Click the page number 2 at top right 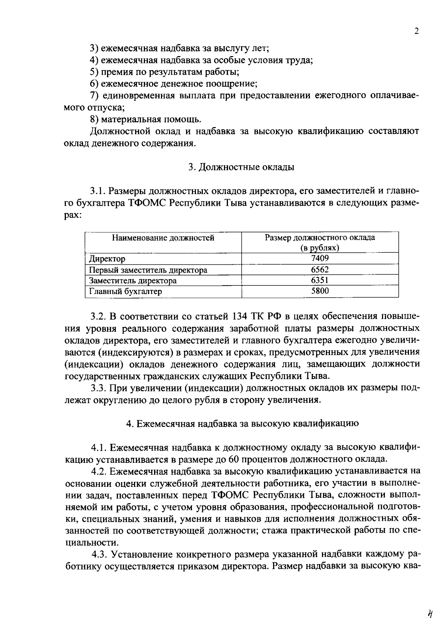tap(417, 31)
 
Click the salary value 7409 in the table tap(320, 259)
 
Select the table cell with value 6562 tap(320, 269)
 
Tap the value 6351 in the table tap(320, 280)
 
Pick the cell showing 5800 tap(320, 291)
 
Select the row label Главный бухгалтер tap(126, 291)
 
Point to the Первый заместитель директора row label tap(148, 270)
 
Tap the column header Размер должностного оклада tap(320, 238)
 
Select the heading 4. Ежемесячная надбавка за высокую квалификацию tap(242, 424)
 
